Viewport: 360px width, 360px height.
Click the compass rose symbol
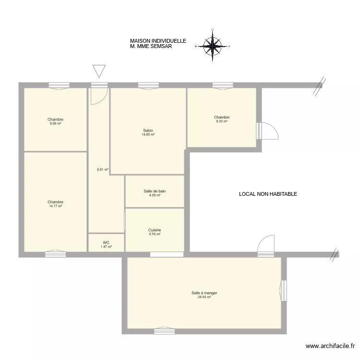click(x=213, y=46)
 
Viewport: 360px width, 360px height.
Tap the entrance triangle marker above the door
click(x=99, y=71)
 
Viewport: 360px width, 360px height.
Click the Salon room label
click(x=148, y=131)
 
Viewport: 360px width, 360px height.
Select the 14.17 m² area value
click(x=55, y=206)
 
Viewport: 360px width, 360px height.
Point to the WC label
click(x=106, y=242)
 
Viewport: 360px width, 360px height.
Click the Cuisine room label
click(x=155, y=230)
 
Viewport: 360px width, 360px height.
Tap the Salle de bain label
click(x=155, y=191)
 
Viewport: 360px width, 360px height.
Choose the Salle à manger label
click(x=204, y=293)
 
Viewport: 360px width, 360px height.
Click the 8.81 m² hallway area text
click(x=103, y=169)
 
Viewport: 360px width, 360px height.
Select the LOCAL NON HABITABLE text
click(x=268, y=194)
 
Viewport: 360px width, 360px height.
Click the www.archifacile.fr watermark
click(x=330, y=346)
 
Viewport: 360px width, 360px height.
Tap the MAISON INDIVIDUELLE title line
click(x=158, y=41)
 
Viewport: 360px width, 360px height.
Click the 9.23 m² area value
click(x=222, y=121)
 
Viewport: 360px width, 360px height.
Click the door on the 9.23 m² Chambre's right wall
click(x=267, y=131)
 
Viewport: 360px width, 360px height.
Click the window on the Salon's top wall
click(x=148, y=85)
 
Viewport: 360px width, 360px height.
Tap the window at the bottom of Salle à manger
click(x=164, y=331)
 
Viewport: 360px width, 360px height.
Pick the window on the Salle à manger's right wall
click(x=283, y=290)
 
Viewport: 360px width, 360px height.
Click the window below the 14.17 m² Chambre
click(x=55, y=254)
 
